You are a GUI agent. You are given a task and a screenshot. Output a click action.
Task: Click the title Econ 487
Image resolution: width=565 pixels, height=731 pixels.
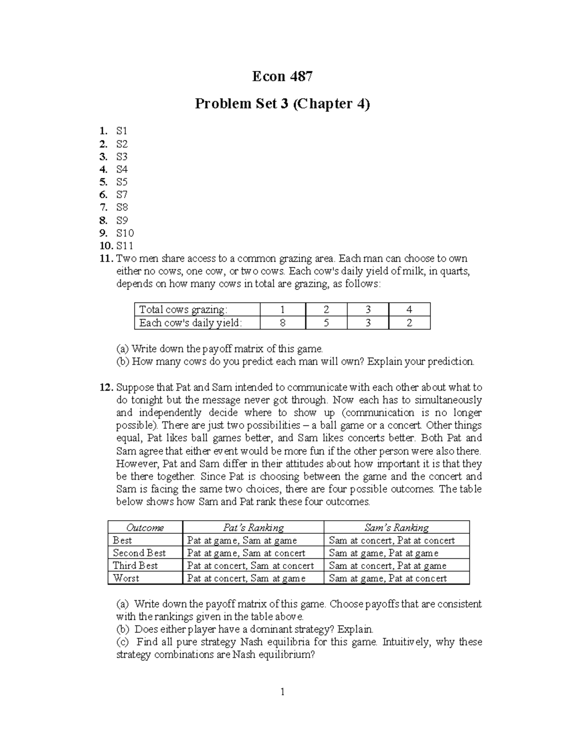pos(282,76)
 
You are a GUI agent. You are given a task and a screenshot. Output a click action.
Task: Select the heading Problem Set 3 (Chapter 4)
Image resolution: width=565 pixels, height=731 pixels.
pos(282,104)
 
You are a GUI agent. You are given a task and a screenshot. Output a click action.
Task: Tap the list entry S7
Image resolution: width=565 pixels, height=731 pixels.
pos(121,195)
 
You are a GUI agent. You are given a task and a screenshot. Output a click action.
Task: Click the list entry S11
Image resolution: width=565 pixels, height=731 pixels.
pos(125,246)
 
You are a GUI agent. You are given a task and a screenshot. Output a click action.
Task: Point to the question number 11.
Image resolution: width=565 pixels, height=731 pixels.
pos(106,258)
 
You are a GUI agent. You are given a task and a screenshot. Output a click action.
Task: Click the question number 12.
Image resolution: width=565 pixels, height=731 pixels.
pos(106,387)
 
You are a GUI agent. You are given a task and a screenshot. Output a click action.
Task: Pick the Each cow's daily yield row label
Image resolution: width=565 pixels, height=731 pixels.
pos(190,323)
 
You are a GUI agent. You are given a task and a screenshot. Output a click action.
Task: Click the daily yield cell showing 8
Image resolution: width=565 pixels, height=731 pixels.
pos(282,323)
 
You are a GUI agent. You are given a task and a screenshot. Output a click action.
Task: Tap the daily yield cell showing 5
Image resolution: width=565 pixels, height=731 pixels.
pos(326,323)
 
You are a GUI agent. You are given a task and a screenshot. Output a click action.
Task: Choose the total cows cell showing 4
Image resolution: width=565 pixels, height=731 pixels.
pos(409,310)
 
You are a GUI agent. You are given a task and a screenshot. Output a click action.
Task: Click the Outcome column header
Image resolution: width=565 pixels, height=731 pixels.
pos(145,528)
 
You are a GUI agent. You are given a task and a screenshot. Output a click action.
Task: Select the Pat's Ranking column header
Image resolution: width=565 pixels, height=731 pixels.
pos(253,528)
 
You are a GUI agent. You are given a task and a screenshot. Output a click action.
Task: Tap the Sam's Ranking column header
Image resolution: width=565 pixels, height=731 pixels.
pos(396,528)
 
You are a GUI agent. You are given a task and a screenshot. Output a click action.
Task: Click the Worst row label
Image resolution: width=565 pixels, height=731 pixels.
pos(126,578)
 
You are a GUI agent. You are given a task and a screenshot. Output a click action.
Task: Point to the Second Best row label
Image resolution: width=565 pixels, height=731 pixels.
pos(139,553)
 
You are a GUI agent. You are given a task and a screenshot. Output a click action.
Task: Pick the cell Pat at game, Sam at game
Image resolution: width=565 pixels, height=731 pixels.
pos(242,540)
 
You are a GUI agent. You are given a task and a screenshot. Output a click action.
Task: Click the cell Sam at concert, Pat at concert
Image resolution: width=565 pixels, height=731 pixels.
pos(392,540)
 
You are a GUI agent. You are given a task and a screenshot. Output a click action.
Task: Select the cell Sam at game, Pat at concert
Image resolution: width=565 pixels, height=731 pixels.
pos(387,578)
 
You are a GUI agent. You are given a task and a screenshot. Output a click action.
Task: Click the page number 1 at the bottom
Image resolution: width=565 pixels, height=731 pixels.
pos(282,691)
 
